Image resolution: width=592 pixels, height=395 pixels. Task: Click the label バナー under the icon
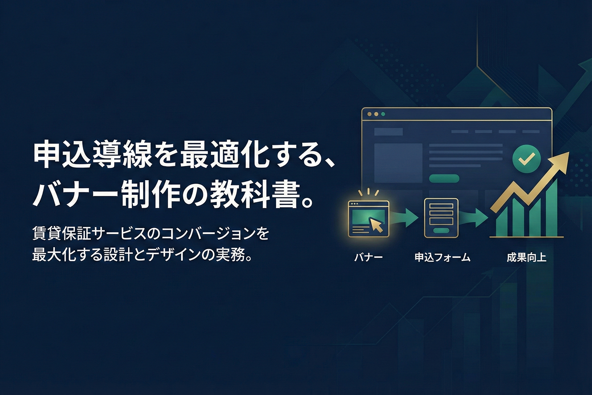pyautogui.click(x=368, y=257)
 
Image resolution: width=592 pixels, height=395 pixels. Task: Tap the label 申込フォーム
pyautogui.click(x=442, y=257)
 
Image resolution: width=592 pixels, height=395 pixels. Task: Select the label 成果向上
pyautogui.click(x=526, y=257)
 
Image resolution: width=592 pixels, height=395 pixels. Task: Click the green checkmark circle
pyautogui.click(x=526, y=158)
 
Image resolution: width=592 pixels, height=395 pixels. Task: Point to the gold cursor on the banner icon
pyautogui.click(x=376, y=225)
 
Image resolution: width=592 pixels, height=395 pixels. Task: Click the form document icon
pyautogui.click(x=441, y=218)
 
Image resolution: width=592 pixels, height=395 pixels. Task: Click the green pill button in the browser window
pyautogui.click(x=444, y=178)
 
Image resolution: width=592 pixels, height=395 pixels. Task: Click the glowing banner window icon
pyautogui.click(x=368, y=218)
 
